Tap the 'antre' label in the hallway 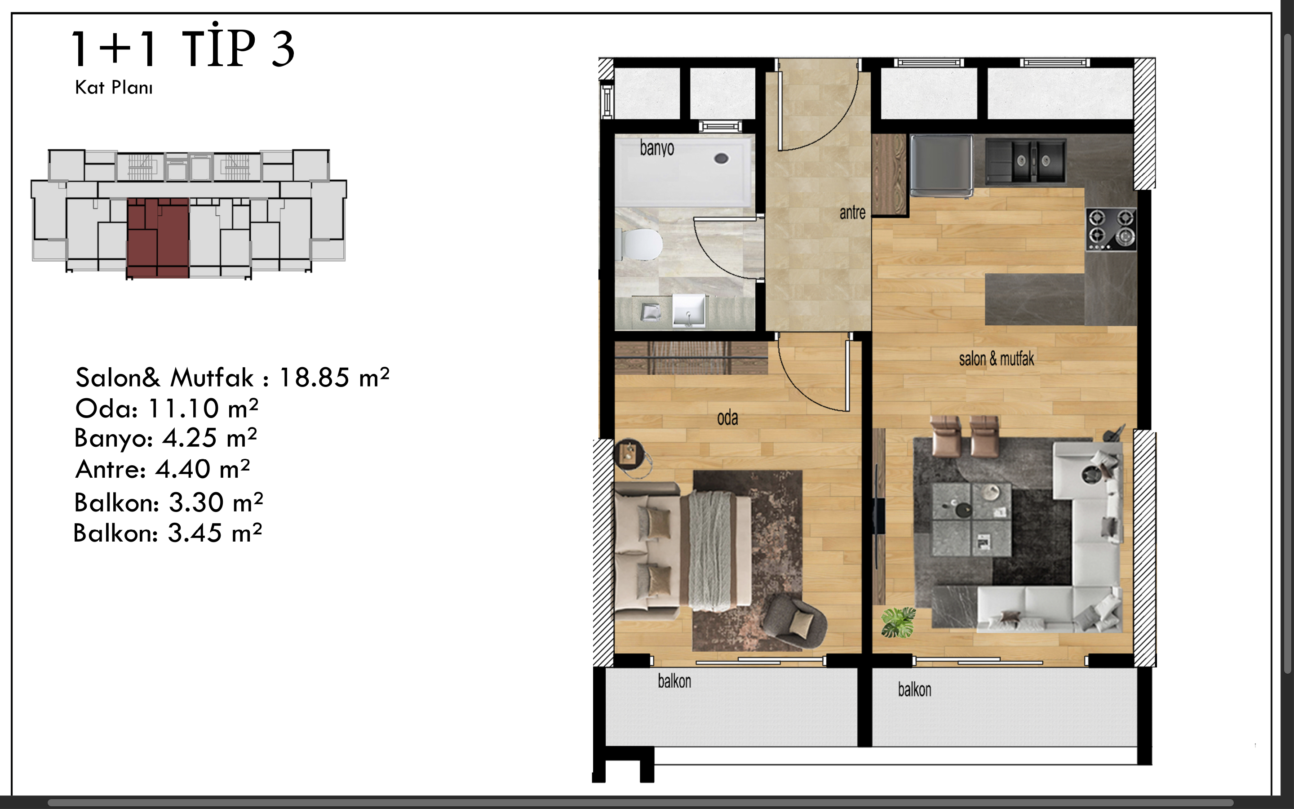[x=852, y=213]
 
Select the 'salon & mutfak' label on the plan [x=996, y=359]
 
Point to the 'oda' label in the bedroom [x=727, y=418]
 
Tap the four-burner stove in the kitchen [x=1111, y=229]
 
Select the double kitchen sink [x=1026, y=160]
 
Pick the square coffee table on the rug [x=971, y=520]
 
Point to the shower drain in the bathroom [x=721, y=158]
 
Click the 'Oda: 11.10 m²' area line [x=167, y=408]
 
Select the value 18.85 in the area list [x=315, y=377]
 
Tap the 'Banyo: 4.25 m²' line [x=166, y=438]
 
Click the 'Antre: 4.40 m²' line [x=163, y=469]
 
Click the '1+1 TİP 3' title [x=183, y=47]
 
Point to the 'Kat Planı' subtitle [x=114, y=87]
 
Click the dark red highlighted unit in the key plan [x=158, y=238]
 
